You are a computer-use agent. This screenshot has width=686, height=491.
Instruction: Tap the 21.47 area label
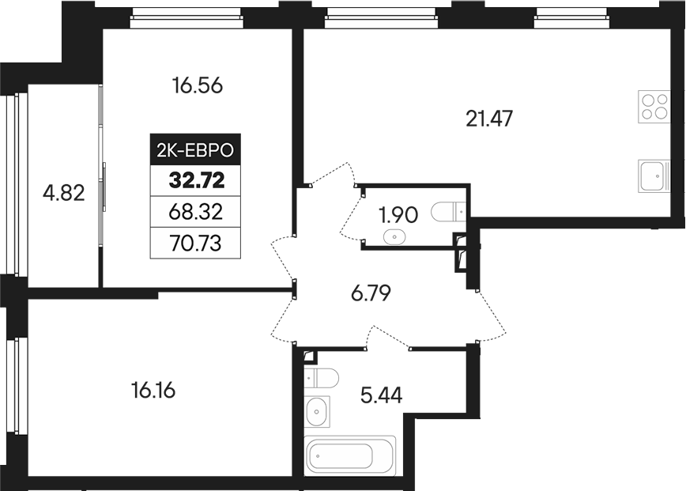pyautogui.click(x=490, y=119)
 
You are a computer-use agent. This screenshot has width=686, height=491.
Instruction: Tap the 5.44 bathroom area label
pyautogui.click(x=381, y=394)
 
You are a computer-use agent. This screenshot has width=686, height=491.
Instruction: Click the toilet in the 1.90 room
pyautogui.click(x=448, y=211)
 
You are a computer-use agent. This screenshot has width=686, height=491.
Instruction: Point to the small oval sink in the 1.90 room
pyautogui.click(x=393, y=236)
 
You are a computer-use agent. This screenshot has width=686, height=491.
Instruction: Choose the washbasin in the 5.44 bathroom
pyautogui.click(x=317, y=411)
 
